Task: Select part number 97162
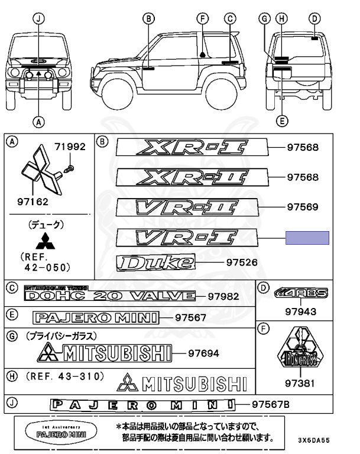click(x=33, y=201)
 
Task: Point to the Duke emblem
click(x=155, y=262)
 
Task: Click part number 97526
click(x=242, y=262)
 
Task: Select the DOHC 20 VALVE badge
click(x=109, y=294)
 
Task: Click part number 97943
click(x=300, y=312)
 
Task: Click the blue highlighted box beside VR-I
click(x=307, y=238)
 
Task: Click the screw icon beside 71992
click(x=69, y=169)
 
